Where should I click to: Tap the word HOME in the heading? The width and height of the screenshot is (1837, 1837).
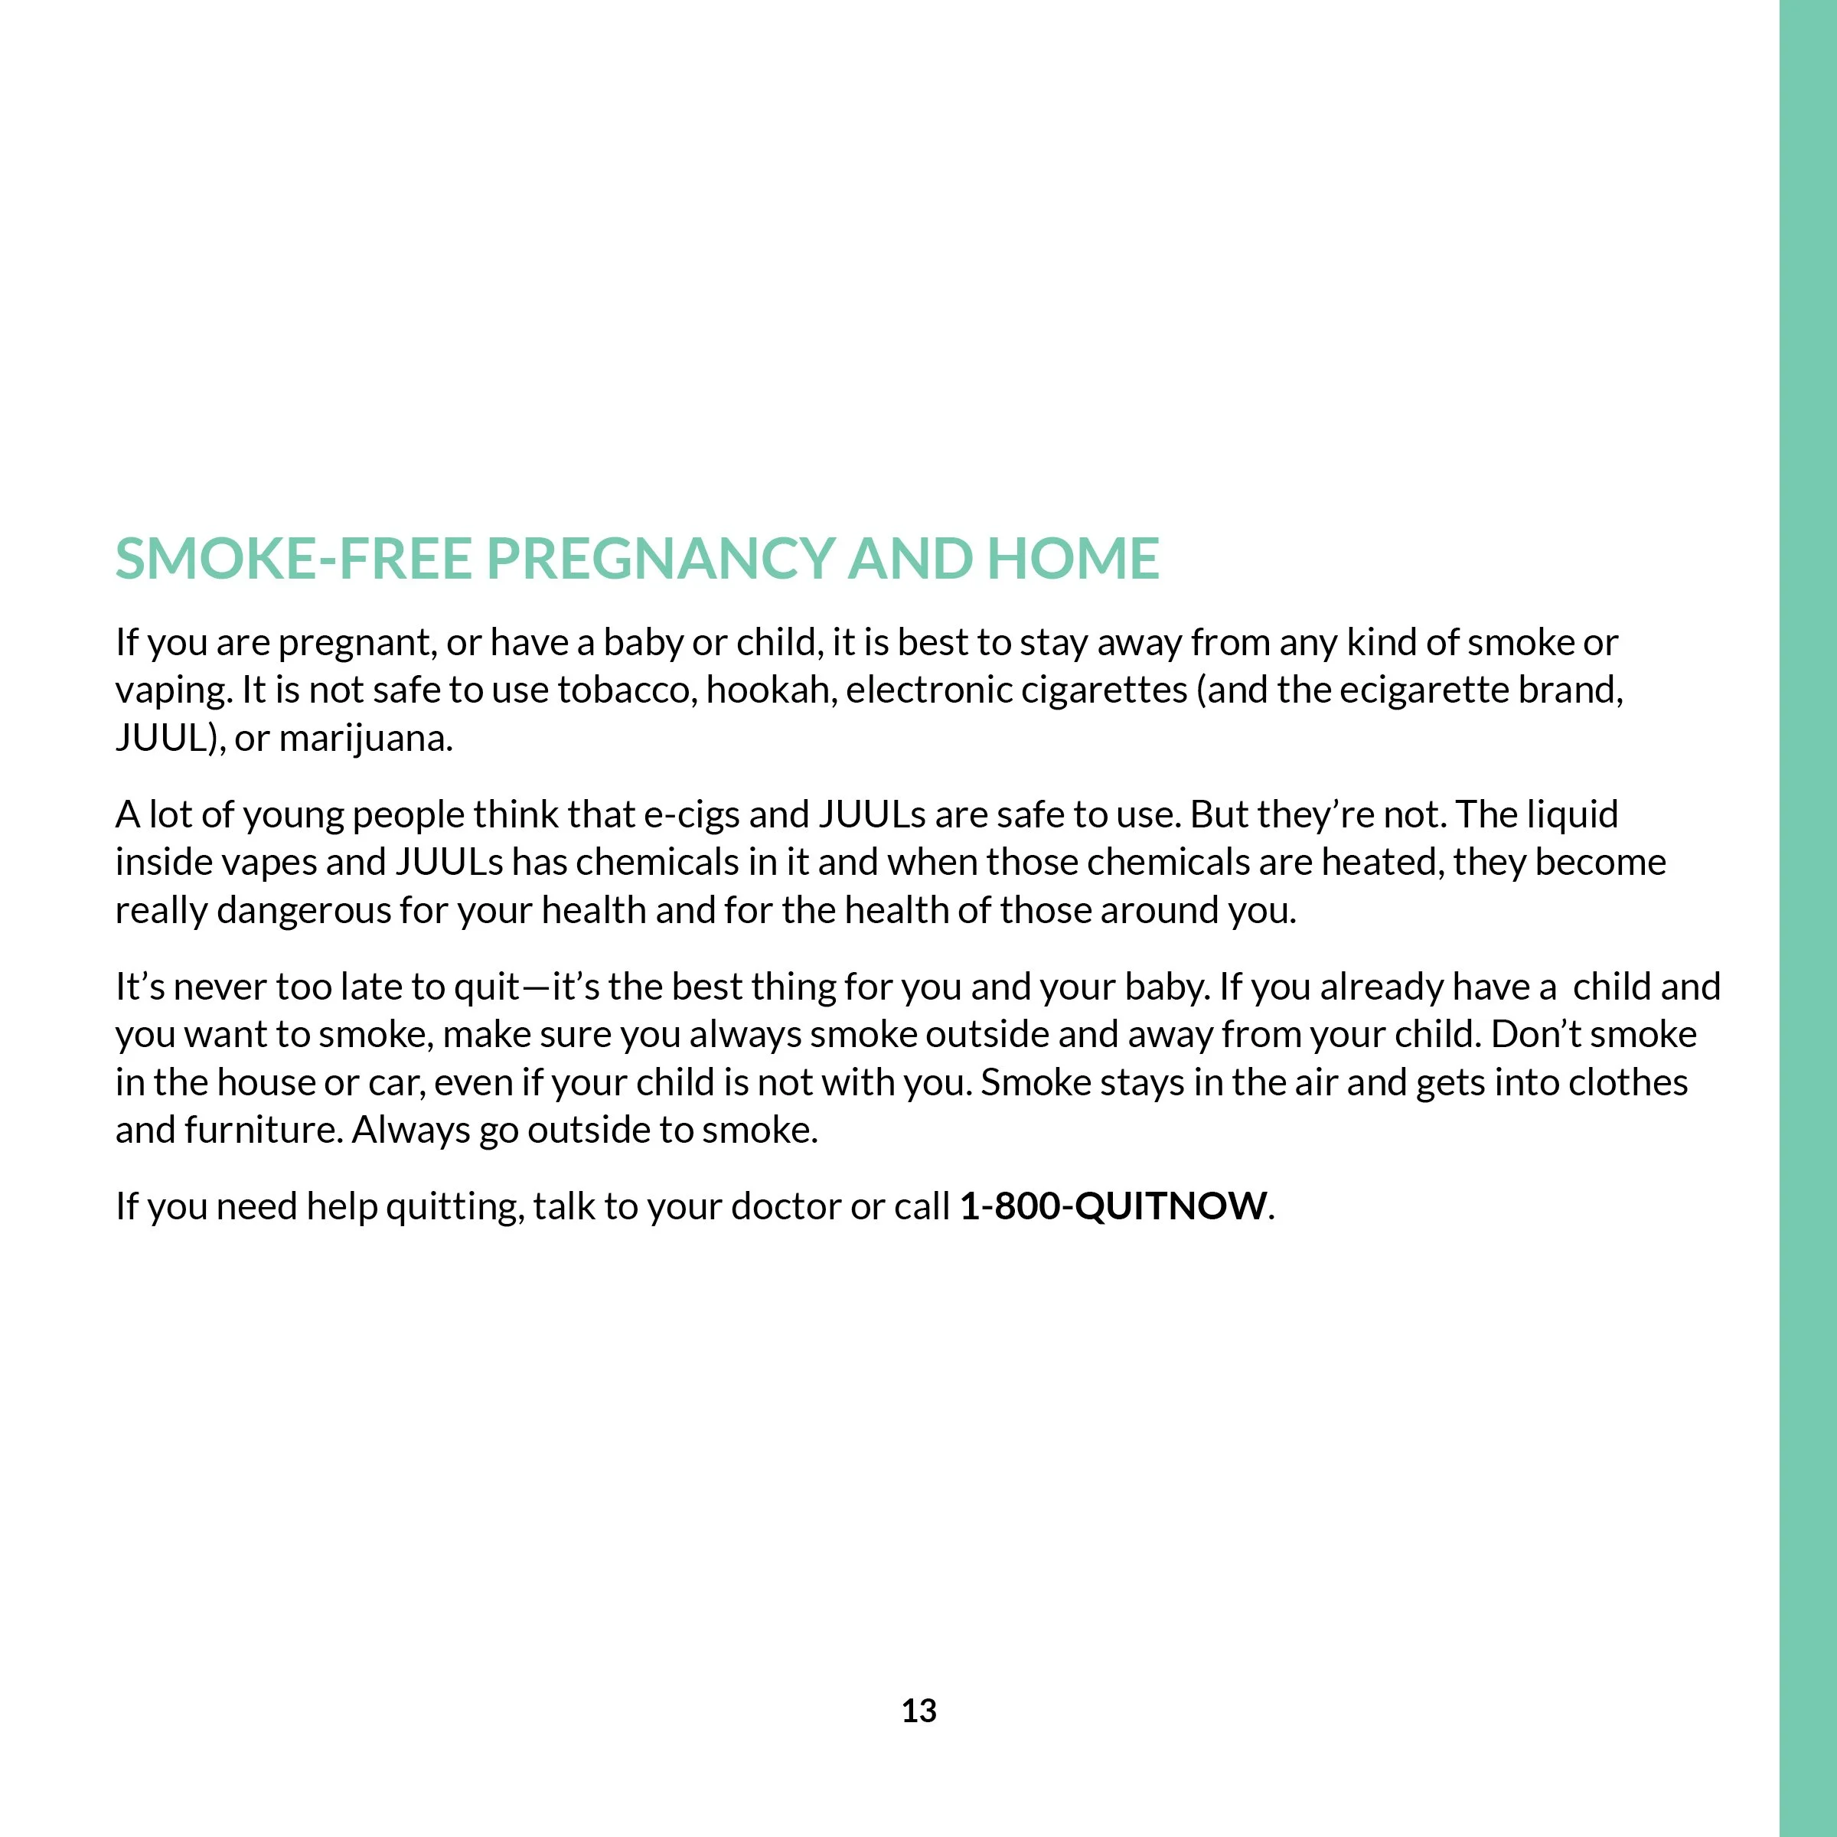pos(1072,558)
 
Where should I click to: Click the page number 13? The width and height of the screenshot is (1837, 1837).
pos(918,1711)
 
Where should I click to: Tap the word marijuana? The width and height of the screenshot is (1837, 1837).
pos(365,739)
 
